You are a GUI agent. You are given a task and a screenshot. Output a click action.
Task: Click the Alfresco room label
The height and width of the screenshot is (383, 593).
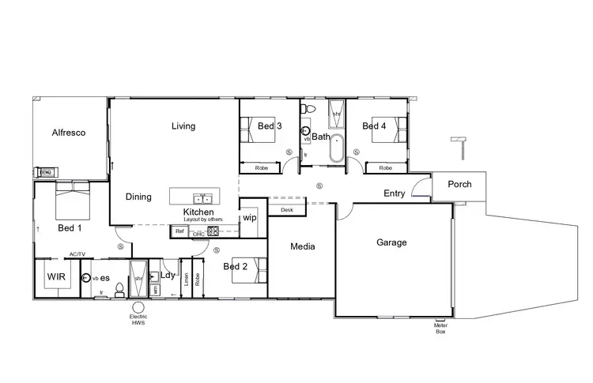(68, 133)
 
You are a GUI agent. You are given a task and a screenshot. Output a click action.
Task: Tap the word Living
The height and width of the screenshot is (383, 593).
(183, 126)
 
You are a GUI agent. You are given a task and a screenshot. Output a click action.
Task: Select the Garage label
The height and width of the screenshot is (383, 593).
(391, 242)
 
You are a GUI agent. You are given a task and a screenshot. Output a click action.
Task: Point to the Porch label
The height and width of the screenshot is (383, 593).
(459, 184)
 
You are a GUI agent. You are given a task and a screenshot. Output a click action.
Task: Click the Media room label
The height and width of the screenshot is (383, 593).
(302, 246)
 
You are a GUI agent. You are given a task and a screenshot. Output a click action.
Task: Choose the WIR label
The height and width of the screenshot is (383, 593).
(55, 277)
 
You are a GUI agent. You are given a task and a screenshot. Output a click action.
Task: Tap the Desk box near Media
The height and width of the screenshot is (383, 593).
(285, 209)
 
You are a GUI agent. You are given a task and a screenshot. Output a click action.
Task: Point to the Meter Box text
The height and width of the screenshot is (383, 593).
(440, 328)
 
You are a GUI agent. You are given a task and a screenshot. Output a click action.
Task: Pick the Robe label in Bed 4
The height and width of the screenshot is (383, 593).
(385, 167)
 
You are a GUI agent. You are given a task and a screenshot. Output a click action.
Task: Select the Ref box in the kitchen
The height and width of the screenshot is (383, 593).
(179, 231)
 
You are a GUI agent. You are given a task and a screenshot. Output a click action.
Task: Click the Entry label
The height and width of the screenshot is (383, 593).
(395, 193)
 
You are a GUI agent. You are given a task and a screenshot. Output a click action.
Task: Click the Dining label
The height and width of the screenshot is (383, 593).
(138, 197)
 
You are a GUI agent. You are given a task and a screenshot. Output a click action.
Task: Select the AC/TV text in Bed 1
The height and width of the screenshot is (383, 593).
(77, 254)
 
